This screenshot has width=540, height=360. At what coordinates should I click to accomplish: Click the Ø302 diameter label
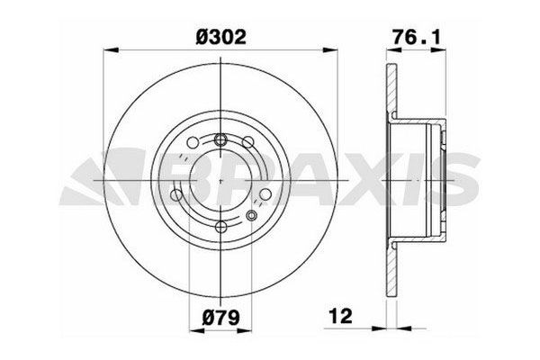pyautogui.click(x=220, y=37)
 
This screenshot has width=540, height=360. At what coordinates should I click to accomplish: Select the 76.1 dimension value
pyautogui.click(x=417, y=37)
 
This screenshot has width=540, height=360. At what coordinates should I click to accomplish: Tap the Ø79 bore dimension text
pyautogui.click(x=220, y=317)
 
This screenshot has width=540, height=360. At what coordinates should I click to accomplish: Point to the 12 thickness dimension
pyautogui.click(x=341, y=316)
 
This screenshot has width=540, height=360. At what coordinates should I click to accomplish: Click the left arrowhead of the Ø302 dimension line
pyautogui.click(x=111, y=50)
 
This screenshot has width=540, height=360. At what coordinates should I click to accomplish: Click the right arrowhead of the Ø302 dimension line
pyautogui.click(x=330, y=50)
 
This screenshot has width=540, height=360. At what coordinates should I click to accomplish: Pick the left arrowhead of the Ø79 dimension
pyautogui.click(x=197, y=331)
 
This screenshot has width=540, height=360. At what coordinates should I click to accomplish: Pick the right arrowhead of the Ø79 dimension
pyautogui.click(x=245, y=331)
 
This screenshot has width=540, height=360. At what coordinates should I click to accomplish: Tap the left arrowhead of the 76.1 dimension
pyautogui.click(x=394, y=50)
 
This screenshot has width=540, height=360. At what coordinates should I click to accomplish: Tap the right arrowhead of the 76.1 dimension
pyautogui.click(x=438, y=50)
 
